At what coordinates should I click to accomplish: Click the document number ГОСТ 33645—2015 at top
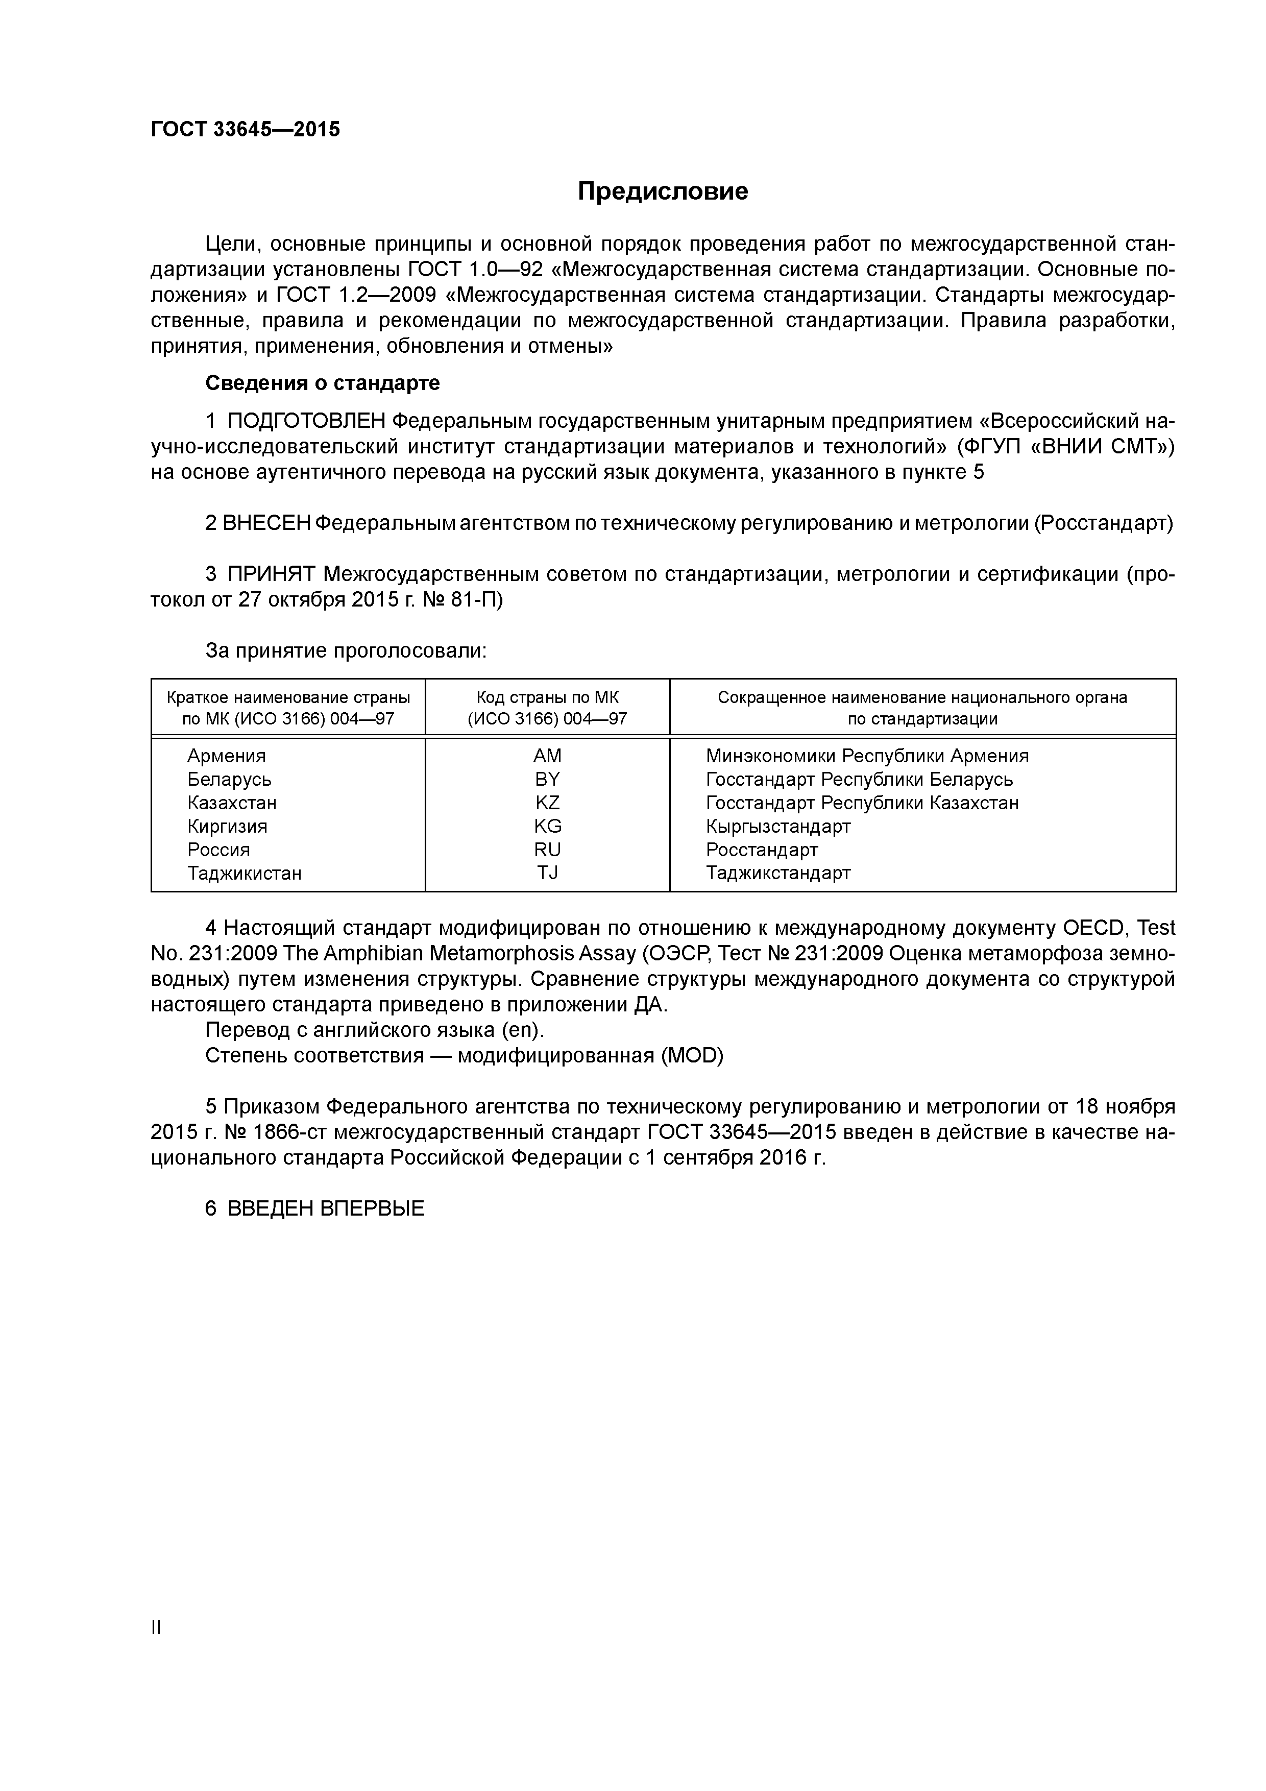tap(246, 130)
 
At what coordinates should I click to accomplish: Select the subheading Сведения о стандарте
tap(322, 383)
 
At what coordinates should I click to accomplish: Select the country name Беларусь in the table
tap(229, 779)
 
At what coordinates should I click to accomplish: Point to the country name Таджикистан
tap(244, 873)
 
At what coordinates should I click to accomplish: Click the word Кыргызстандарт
tap(777, 826)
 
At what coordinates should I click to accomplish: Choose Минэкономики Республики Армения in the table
tap(867, 756)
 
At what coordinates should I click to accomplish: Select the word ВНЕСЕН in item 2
tap(266, 523)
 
